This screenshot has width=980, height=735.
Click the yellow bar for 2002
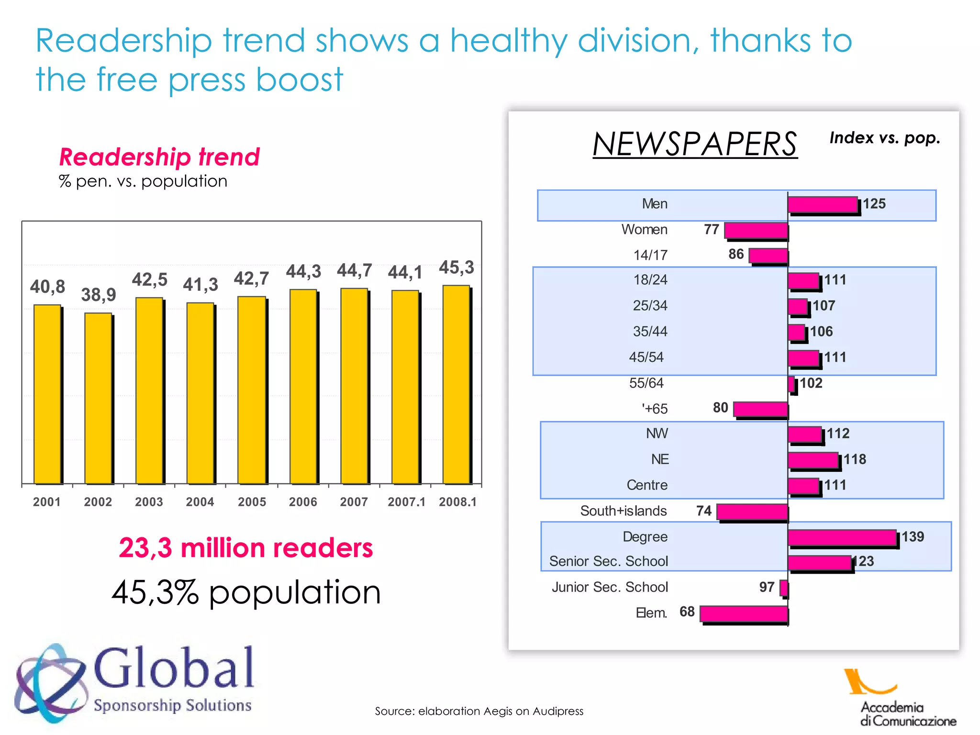pyautogui.click(x=98, y=398)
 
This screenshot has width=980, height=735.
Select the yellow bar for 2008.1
pyautogui.click(x=456, y=384)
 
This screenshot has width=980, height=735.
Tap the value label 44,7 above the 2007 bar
pyautogui.click(x=354, y=271)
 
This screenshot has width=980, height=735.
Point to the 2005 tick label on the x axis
pyautogui.click(x=252, y=502)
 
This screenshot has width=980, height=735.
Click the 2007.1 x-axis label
pyautogui.click(x=406, y=502)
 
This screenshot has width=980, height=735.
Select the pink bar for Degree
pyautogui.click(x=842, y=537)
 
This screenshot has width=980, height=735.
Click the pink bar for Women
pyautogui.click(x=756, y=230)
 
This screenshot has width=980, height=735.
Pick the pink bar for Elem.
pyautogui.click(x=744, y=613)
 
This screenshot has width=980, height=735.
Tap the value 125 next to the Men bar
pyautogui.click(x=874, y=204)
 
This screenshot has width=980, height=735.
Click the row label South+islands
pyautogui.click(x=623, y=511)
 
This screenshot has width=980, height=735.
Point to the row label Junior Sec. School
pyautogui.click(x=610, y=587)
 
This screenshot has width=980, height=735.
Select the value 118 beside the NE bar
pyautogui.click(x=855, y=459)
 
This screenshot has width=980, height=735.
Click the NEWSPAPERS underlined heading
pyautogui.click(x=695, y=144)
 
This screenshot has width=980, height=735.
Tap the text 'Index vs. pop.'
pyautogui.click(x=885, y=138)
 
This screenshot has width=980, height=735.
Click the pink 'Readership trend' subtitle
pyautogui.click(x=159, y=157)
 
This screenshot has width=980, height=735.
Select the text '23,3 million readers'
pyautogui.click(x=245, y=548)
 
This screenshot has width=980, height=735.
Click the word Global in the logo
pyautogui.click(x=174, y=668)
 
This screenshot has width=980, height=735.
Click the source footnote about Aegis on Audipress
pyautogui.click(x=479, y=711)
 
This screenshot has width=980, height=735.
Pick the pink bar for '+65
pyautogui.click(x=760, y=409)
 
